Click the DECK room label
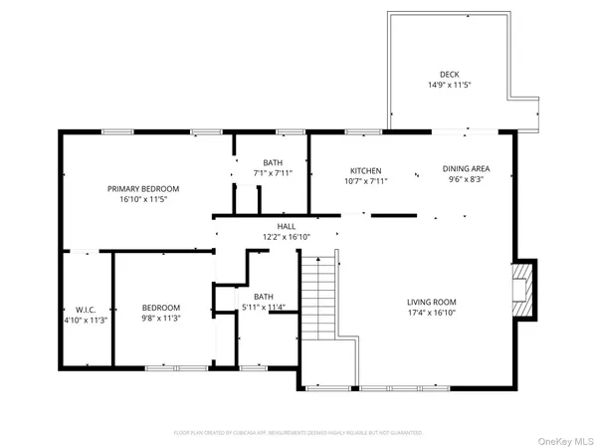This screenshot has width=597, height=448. tap(450, 74)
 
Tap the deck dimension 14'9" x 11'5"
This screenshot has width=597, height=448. tap(450, 85)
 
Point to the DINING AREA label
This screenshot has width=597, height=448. tap(467, 169)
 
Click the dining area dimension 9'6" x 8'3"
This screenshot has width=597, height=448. tap(467, 180)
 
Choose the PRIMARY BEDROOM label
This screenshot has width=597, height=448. tap(143, 188)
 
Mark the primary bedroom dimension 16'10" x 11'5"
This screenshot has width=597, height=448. tap(143, 199)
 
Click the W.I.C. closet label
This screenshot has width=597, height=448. tap(85, 309)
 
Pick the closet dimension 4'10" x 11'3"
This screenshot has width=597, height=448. tap(85, 320)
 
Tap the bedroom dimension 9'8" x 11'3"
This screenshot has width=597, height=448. tap(160, 320)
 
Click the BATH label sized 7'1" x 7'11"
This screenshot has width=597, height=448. tap(273, 162)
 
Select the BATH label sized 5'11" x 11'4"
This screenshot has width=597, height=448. tap(264, 296)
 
